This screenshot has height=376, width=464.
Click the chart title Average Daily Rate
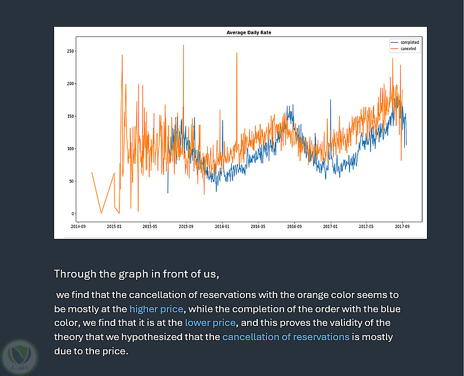coord(249,33)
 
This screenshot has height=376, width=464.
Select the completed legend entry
coord(409,43)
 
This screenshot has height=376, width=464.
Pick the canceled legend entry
coord(408,49)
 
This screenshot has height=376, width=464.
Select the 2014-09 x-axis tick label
coord(79,226)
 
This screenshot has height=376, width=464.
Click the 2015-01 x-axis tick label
coord(114,226)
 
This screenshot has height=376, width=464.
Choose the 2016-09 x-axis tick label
coord(294,226)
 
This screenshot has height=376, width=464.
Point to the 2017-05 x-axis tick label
coord(367,226)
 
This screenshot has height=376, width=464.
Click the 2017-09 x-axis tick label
coord(403,226)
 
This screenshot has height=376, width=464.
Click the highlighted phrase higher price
coord(156,309)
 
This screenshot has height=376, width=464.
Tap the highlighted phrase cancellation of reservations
coord(285,337)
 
